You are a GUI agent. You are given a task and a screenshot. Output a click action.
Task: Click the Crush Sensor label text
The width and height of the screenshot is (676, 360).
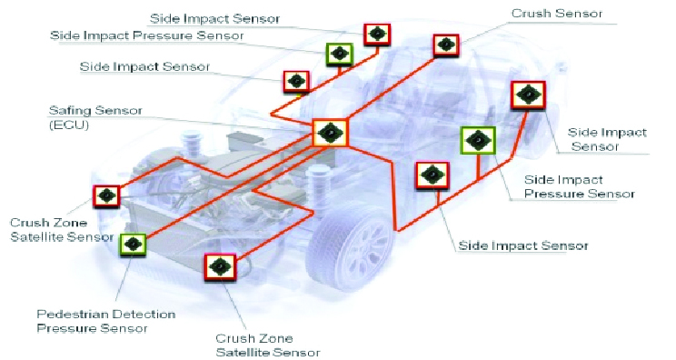[x=557, y=14]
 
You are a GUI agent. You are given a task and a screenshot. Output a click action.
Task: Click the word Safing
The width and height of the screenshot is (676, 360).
[x=70, y=111]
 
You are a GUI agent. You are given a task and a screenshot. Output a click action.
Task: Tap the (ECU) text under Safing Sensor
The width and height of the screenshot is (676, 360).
[x=69, y=125]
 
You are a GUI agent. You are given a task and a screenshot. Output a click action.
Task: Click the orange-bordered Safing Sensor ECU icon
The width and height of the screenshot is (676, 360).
[x=330, y=133]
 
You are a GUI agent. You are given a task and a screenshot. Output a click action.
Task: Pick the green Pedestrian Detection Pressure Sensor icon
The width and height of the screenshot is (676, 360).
[x=133, y=245]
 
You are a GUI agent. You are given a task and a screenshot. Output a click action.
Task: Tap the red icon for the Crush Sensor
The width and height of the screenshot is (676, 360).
[x=446, y=45]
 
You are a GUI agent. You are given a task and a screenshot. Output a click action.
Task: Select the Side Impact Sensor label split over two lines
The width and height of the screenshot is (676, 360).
[x=607, y=139]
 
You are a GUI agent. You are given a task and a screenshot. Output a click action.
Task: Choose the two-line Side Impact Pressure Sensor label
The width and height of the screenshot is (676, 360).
[x=579, y=186]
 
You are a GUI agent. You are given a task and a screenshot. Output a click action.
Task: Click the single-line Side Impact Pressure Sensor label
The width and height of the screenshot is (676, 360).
[x=147, y=35]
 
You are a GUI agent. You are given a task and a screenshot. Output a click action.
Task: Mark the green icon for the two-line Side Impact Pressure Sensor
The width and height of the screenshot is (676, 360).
[x=478, y=141]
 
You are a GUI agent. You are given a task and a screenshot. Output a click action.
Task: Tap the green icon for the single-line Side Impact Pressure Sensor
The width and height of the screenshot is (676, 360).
[x=339, y=54]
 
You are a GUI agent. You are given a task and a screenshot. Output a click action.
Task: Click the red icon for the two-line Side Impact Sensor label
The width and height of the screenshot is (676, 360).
[x=528, y=95]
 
